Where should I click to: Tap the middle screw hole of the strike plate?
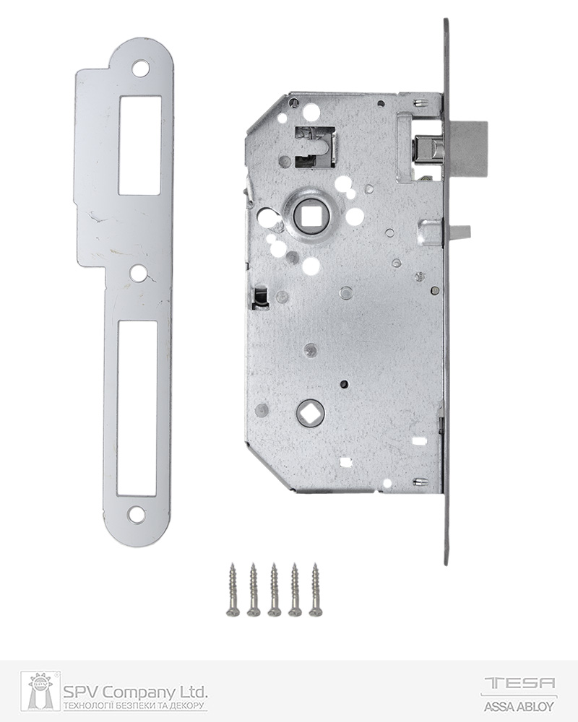click(137, 273)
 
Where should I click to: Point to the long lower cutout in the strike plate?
click(137, 406)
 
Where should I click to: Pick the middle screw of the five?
click(274, 589)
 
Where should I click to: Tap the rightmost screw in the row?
click(316, 589)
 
